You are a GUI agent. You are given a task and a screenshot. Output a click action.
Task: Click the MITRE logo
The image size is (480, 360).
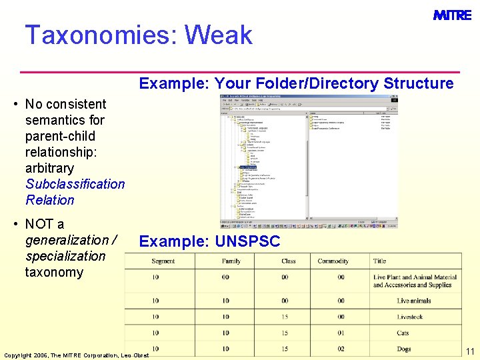click(452, 15)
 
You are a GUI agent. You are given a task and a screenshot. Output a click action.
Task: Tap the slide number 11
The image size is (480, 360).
click(470, 351)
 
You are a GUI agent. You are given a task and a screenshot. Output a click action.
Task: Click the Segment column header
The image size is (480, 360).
click(163, 261)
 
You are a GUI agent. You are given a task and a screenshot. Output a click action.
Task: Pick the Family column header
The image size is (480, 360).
click(231, 261)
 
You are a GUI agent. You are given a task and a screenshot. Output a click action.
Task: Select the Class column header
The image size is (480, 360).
click(289, 261)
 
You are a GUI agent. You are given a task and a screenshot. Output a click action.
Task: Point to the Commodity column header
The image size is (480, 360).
click(333, 261)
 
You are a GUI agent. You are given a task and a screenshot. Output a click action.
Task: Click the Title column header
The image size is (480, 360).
click(379, 261)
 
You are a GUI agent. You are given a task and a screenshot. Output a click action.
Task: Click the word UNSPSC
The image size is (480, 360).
click(247, 241)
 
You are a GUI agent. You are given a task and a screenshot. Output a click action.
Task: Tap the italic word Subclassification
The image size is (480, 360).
click(75, 184)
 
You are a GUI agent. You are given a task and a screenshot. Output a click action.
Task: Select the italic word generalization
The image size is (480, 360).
click(67, 240)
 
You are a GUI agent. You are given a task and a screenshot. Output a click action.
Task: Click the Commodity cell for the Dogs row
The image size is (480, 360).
click(341, 349)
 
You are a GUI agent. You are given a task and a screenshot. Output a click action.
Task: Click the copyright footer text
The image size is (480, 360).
click(77, 354)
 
